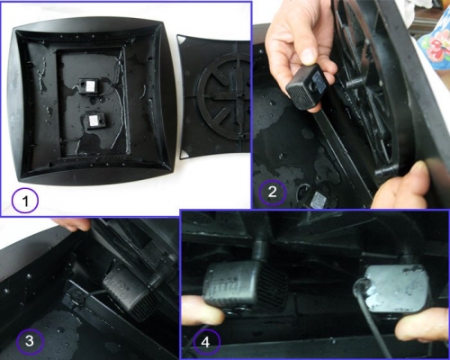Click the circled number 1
[25, 201]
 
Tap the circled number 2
[273, 193]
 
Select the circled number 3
[30, 341]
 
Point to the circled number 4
[207, 342]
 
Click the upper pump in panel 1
[89, 86]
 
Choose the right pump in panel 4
[397, 288]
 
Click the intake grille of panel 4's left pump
[272, 285]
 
